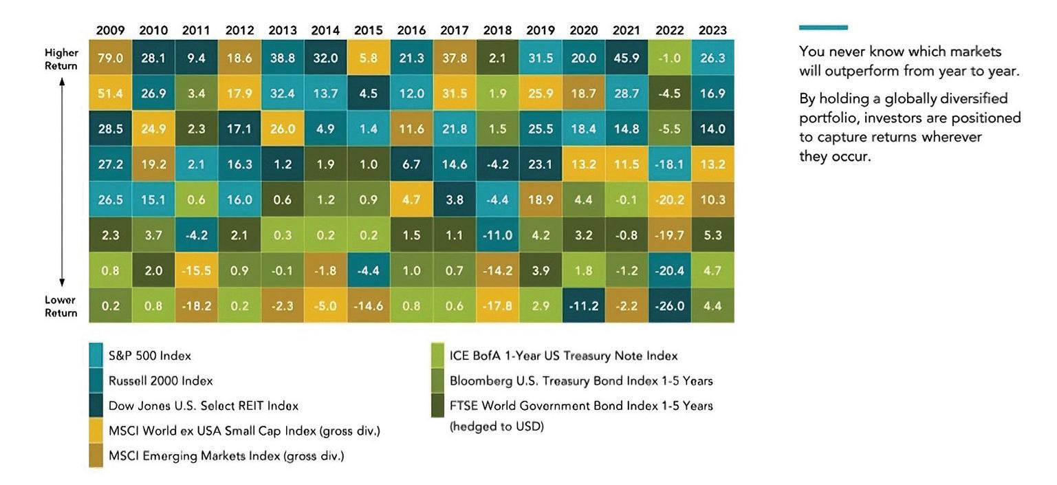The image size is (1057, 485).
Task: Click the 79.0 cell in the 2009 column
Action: click(x=111, y=58)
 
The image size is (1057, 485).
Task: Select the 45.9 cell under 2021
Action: click(x=626, y=58)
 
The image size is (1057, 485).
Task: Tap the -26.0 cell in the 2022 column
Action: click(x=669, y=305)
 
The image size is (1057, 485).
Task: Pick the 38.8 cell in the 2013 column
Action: click(x=283, y=58)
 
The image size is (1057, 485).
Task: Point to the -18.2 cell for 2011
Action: click(x=197, y=305)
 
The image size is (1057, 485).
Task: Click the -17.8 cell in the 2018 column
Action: click(x=497, y=305)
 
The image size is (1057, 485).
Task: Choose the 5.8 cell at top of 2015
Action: click(x=369, y=58)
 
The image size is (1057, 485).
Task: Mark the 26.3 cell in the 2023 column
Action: click(x=712, y=58)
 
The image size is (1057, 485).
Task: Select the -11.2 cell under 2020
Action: click(x=583, y=305)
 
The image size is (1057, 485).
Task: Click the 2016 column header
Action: click(x=411, y=30)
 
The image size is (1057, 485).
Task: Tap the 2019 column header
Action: click(x=541, y=30)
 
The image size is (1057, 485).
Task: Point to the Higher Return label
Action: click(x=61, y=59)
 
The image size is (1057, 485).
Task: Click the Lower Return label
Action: click(x=61, y=306)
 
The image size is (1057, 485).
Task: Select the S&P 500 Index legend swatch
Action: click(x=96, y=355)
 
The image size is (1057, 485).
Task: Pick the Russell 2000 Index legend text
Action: click(x=160, y=380)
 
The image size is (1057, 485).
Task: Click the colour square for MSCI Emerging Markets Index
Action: click(x=96, y=455)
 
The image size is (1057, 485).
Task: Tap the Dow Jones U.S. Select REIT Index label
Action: click(x=203, y=406)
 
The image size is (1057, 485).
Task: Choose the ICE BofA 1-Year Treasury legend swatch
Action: click(x=437, y=355)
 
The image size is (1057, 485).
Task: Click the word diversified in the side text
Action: click(x=970, y=99)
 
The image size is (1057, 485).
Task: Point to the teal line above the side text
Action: click(x=823, y=28)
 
